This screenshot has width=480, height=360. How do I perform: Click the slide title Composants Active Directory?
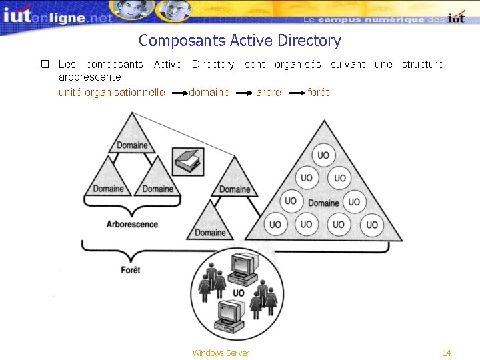click(239, 41)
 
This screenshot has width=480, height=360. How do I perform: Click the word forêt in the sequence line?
click(318, 92)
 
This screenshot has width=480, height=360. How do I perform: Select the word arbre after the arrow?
click(268, 92)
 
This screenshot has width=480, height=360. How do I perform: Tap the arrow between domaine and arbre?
click(245, 93)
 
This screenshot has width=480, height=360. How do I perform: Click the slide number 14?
click(447, 353)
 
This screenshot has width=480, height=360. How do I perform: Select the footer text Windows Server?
click(220, 353)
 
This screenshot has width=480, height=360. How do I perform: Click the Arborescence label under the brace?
click(132, 224)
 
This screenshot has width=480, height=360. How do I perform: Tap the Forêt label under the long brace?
click(131, 270)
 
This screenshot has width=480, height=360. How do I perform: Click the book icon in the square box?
click(186, 160)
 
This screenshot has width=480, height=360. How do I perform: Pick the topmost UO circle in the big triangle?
click(323, 155)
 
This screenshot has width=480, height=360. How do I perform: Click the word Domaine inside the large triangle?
click(323, 203)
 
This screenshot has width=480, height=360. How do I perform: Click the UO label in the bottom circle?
click(238, 293)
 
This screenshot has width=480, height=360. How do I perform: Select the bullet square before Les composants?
click(45, 65)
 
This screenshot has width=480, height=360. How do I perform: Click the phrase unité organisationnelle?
click(111, 92)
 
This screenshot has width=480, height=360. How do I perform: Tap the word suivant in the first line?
click(347, 65)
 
